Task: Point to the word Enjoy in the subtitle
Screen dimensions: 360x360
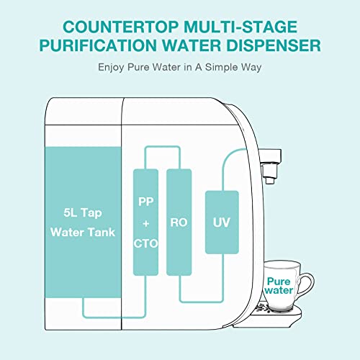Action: click(111, 68)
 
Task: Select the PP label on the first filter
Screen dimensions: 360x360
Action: click(145, 204)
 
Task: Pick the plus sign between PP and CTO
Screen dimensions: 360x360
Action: click(145, 223)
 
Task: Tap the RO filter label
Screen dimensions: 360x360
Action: click(178, 223)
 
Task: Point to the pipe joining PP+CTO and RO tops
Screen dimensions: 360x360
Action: click(161, 148)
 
